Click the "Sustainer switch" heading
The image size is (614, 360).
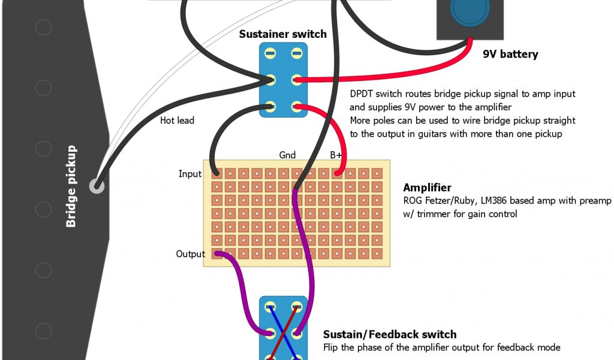click(282, 34)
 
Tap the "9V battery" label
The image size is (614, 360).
click(510, 55)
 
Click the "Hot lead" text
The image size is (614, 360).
click(177, 121)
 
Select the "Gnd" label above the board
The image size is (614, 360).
click(287, 155)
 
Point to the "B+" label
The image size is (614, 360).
click(336, 155)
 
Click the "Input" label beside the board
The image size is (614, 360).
click(190, 174)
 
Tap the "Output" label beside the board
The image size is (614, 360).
click(190, 254)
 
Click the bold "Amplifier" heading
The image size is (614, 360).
click(427, 188)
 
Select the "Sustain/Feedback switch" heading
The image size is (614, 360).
click(390, 335)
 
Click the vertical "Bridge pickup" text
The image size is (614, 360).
click(71, 186)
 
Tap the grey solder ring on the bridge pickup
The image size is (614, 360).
click(96, 186)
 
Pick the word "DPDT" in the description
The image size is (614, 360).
click(362, 94)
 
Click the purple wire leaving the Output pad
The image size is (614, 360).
click(243, 294)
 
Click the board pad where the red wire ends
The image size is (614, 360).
click(337, 173)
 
